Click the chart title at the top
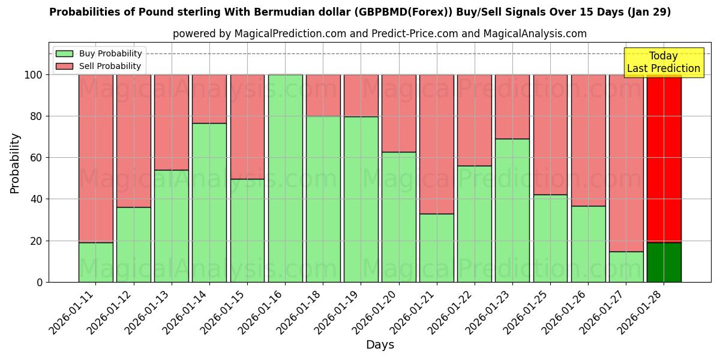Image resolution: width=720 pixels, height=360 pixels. (360, 12)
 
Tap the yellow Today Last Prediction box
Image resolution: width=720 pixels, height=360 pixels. (664, 62)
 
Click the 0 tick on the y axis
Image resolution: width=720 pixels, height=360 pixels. (40, 282)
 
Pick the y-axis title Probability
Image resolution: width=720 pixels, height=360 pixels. (15, 163)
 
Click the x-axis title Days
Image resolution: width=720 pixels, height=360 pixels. (380, 345)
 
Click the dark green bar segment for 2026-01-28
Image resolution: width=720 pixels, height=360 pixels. (664, 262)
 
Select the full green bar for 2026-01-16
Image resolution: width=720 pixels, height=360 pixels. (286, 178)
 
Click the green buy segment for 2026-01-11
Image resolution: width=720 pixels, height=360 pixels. (96, 262)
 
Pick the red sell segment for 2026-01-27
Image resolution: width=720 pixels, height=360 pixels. (626, 163)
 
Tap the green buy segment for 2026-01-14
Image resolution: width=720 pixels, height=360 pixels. (209, 202)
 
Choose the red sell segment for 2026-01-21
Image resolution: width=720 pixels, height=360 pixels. (437, 144)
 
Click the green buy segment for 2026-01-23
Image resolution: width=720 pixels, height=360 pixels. (512, 210)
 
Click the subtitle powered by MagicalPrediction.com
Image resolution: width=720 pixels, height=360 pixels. (380, 34)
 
